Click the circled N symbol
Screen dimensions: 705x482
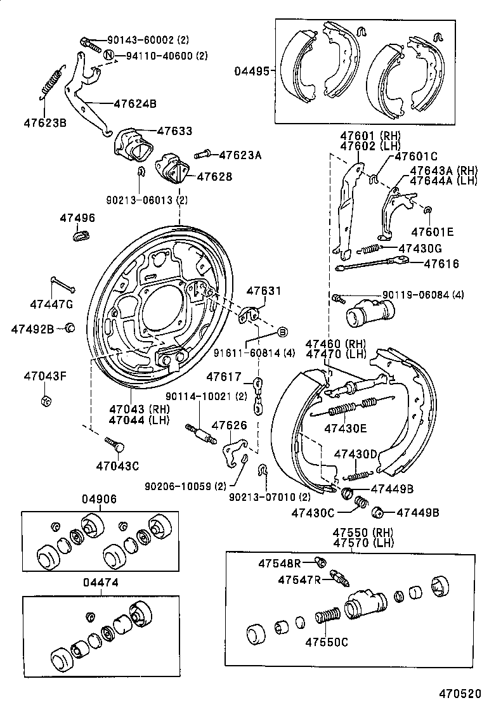click(109, 55)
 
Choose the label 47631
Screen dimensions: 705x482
click(263, 291)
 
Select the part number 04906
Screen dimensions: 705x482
click(99, 499)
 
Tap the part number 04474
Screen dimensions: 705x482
click(99, 582)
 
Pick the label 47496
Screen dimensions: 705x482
click(77, 218)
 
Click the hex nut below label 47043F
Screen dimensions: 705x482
click(44, 401)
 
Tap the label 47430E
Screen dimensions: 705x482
click(346, 428)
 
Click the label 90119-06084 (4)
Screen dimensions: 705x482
click(423, 295)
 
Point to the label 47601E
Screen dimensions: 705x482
click(431, 231)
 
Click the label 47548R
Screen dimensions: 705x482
click(279, 562)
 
